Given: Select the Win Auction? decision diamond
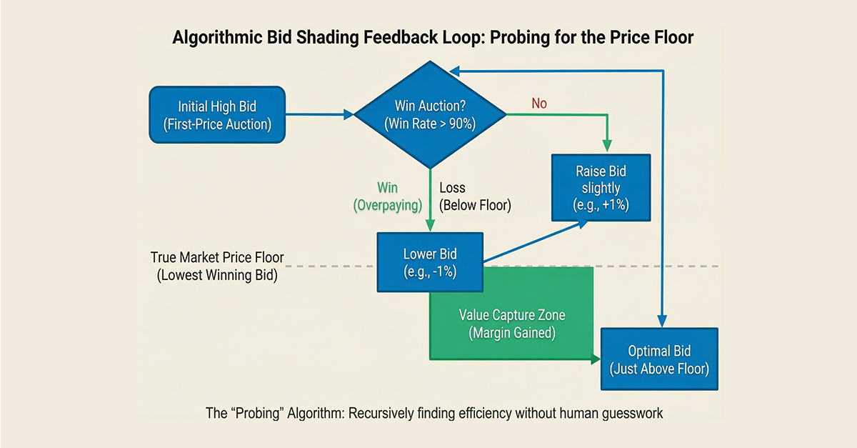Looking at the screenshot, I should [431, 114].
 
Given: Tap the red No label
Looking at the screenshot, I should [539, 104].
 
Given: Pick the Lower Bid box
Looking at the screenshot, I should [430, 262].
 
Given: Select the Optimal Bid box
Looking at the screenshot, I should [658, 359].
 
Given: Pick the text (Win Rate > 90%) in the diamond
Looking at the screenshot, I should [431, 122].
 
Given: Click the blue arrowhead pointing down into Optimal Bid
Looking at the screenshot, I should [663, 322].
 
